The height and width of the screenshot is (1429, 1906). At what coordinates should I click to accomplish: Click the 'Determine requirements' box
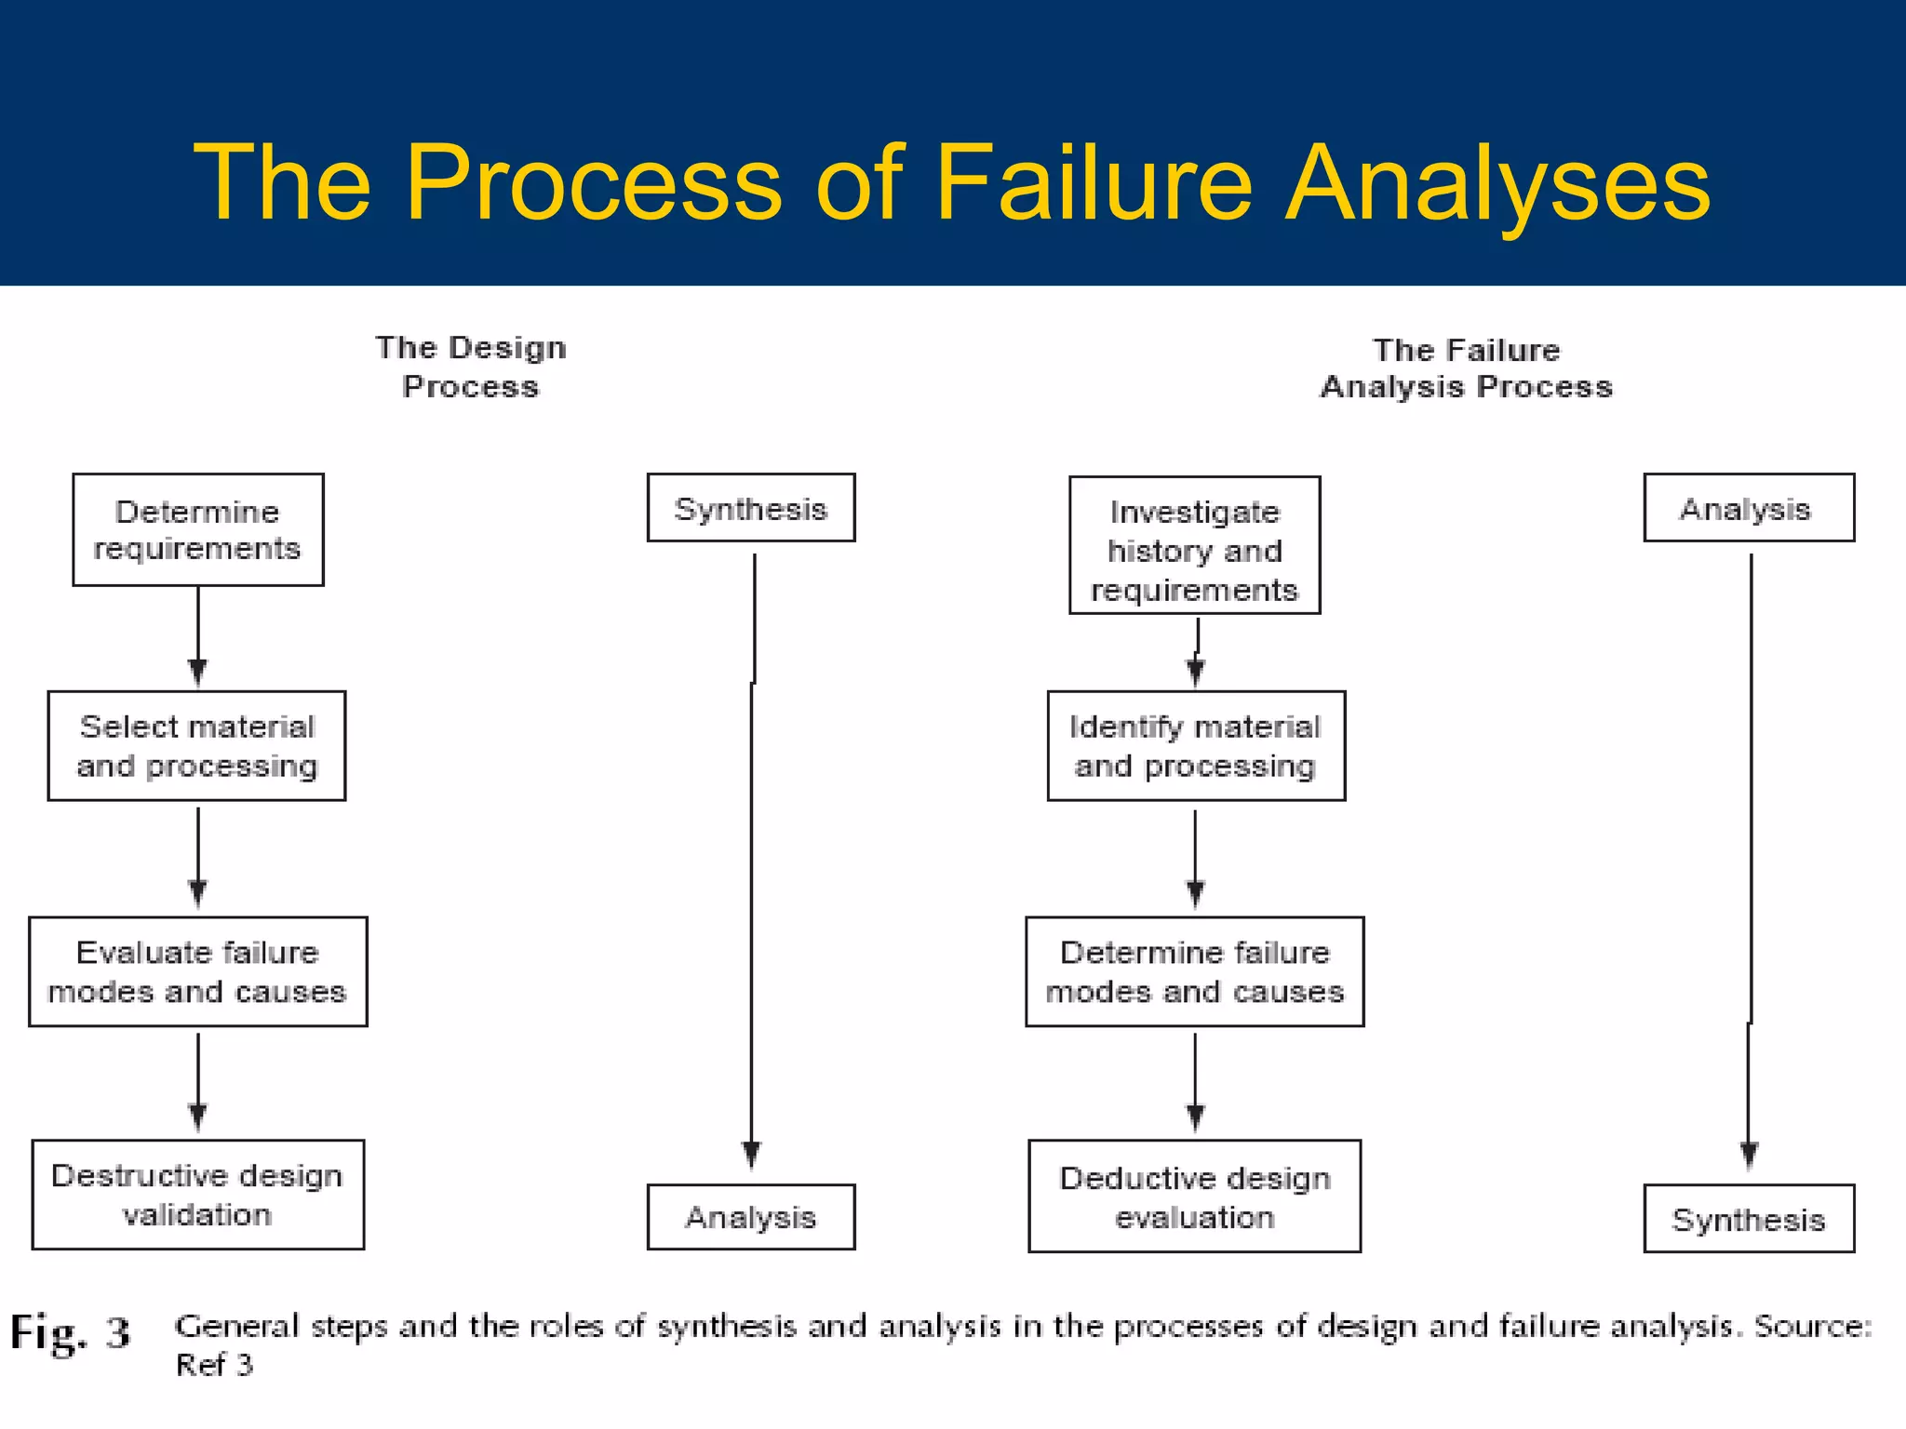click(198, 529)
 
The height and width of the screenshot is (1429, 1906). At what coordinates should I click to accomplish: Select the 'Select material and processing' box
click(196, 745)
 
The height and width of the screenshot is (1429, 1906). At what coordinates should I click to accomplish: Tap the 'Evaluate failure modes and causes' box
click(197, 971)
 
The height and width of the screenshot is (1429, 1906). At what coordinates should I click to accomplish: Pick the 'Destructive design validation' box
click(197, 1195)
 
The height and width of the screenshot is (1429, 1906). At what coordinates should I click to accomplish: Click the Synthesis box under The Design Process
click(750, 508)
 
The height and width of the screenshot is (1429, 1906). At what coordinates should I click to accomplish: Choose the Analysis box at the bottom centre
click(750, 1217)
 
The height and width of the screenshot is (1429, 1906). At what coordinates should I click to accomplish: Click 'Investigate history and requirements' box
click(1194, 545)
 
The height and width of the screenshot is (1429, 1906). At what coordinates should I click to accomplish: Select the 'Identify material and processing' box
click(1196, 745)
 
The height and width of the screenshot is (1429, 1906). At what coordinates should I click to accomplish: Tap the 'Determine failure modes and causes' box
click(1195, 971)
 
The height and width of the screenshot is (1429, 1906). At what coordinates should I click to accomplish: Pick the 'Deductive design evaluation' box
click(1194, 1196)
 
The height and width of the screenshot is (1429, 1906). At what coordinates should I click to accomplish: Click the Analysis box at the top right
click(1748, 508)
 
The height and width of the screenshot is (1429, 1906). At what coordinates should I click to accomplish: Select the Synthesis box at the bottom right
click(1748, 1219)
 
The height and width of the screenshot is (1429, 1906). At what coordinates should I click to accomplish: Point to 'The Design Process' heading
click(470, 367)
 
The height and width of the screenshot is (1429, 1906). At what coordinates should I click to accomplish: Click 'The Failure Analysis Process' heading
click(1466, 368)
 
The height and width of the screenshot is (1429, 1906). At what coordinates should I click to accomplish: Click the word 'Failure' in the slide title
click(1094, 182)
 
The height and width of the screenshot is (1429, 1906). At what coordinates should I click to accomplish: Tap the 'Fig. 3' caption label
click(70, 1332)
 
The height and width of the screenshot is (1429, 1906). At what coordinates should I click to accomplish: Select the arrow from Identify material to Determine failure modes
click(1195, 856)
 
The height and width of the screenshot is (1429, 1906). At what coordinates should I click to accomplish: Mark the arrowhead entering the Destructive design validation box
click(197, 1116)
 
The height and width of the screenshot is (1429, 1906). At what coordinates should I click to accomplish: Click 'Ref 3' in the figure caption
click(214, 1365)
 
